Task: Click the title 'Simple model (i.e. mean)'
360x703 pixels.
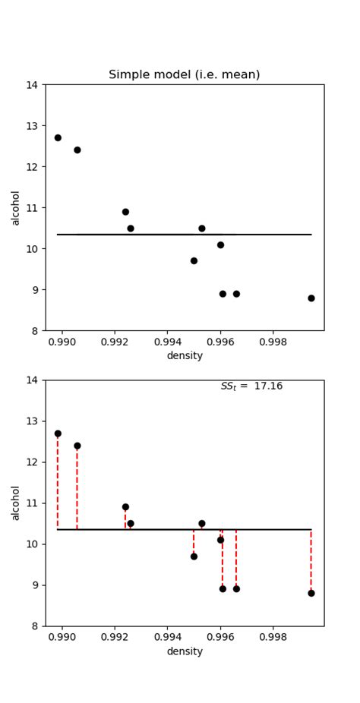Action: pos(185,74)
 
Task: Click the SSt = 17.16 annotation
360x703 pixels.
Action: pos(251,386)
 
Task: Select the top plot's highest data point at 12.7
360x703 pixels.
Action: pos(58,137)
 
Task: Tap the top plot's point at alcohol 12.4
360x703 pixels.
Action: pos(77,150)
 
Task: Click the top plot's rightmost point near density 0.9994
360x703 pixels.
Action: pos(311,298)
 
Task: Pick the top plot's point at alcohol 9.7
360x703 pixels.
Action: pos(194,260)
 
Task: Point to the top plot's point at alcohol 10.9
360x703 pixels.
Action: pos(125,212)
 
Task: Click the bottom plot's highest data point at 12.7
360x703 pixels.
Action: pos(58,433)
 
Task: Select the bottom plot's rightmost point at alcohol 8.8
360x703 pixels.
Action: pos(311,593)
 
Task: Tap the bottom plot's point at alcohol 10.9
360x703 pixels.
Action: pos(125,507)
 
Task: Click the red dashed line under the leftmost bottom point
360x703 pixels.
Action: pos(58,482)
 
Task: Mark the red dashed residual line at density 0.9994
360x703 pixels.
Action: pos(311,562)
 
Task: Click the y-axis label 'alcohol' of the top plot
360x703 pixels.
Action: pos(16,207)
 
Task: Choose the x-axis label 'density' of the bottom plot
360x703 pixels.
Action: pos(185,651)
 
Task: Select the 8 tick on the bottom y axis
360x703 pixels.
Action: pos(36,626)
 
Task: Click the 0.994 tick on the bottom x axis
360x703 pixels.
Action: pos(167,638)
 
